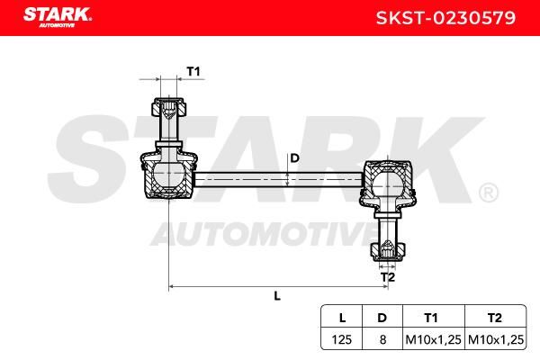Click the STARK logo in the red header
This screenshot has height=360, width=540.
tap(58, 17)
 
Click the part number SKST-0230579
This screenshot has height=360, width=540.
tap(446, 18)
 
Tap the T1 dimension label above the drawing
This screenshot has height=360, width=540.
tap(193, 72)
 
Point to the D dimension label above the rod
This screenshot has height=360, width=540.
tap(295, 158)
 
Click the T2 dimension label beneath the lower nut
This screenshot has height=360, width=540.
tap(387, 277)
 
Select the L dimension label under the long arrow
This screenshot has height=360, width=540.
tap(277, 295)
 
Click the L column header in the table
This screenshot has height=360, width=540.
tap(342, 318)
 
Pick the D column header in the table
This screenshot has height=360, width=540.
tap(382, 318)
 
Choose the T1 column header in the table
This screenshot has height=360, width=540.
tap(431, 318)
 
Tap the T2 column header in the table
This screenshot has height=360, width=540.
tap(495, 318)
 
